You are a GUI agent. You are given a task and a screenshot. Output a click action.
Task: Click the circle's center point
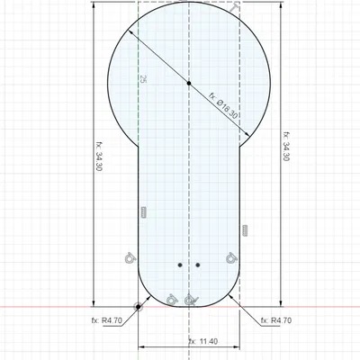(188, 82)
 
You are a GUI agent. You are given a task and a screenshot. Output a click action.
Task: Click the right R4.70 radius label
(274, 319)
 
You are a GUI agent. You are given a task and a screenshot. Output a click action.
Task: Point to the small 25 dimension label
(142, 79)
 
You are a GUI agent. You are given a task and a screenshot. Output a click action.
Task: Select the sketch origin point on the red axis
(139, 307)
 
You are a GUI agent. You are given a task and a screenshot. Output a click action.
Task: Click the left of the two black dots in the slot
(180, 265)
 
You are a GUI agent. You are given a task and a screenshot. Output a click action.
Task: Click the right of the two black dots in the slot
(197, 265)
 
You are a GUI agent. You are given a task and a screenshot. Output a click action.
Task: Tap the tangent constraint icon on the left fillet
(130, 257)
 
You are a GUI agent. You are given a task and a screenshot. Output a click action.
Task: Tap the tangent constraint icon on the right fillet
(231, 256)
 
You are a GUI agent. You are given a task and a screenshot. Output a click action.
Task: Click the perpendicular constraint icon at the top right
(234, 8)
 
